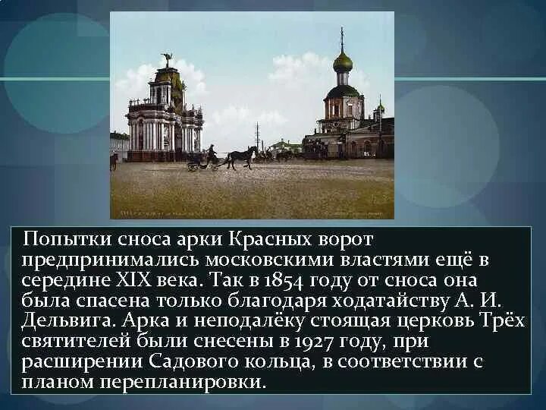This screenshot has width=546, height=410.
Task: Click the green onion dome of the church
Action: [x=343, y=62]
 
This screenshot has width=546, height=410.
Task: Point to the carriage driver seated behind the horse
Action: [x=212, y=151]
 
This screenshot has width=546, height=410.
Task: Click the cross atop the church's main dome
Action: [x=342, y=36]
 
